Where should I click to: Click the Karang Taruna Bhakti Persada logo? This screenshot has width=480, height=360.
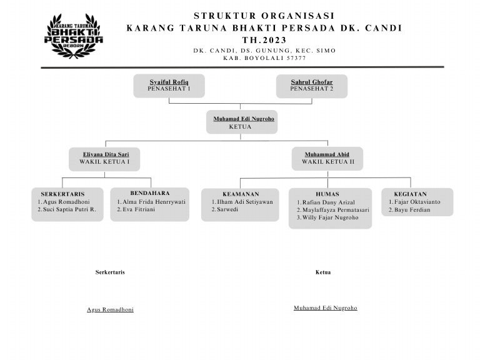[x=74, y=36]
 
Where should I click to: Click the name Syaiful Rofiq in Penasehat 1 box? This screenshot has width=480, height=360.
[x=169, y=82]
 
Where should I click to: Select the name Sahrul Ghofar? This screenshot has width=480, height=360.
[x=312, y=82]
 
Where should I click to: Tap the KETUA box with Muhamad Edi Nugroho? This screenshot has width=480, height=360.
[x=242, y=122]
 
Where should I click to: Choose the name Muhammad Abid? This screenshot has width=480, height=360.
[x=327, y=154]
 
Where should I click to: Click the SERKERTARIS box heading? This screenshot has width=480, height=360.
[x=62, y=194]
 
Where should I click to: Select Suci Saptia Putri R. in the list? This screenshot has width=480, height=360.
[x=69, y=209]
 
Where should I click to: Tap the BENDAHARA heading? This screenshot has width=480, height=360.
[x=150, y=193]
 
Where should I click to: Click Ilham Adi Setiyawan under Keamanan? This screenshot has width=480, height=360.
[x=244, y=202]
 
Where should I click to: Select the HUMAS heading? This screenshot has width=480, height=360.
[x=327, y=194]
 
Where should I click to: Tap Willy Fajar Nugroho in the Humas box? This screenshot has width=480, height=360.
[x=330, y=217]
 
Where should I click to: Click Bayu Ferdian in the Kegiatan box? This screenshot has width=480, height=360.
[x=412, y=209]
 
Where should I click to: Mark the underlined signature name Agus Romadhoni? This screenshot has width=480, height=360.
[x=110, y=309]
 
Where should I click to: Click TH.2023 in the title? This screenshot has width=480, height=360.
[x=264, y=40]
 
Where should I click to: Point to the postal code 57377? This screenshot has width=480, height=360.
[x=296, y=58]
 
